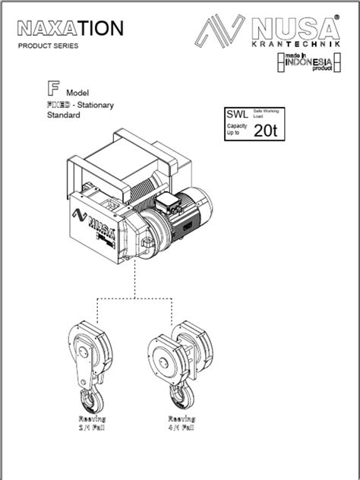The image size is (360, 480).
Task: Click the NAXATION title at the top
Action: (69, 29)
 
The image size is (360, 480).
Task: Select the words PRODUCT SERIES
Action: (48, 46)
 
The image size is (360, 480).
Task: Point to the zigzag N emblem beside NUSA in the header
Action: (220, 34)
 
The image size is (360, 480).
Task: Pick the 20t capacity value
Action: (266, 130)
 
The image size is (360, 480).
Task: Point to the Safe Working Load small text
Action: (264, 114)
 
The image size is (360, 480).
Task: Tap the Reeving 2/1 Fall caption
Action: (92, 423)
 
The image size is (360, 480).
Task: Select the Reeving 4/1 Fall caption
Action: (182, 423)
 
